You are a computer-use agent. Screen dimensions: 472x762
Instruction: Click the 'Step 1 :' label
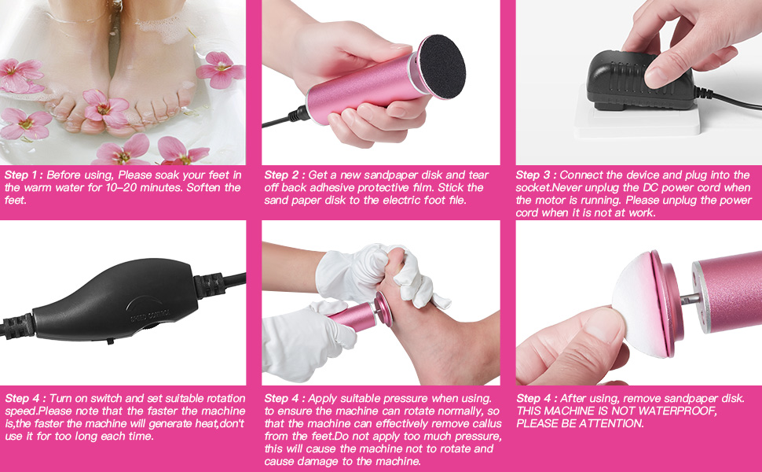tap(24, 175)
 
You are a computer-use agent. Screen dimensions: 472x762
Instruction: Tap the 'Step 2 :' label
tap(284, 175)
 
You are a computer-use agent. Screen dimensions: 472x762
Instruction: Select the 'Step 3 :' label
tap(536, 175)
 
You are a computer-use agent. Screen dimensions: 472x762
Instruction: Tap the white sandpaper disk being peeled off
tap(635, 297)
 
